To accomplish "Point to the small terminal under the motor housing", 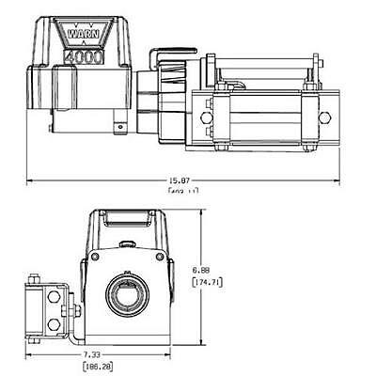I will [x=119, y=123].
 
